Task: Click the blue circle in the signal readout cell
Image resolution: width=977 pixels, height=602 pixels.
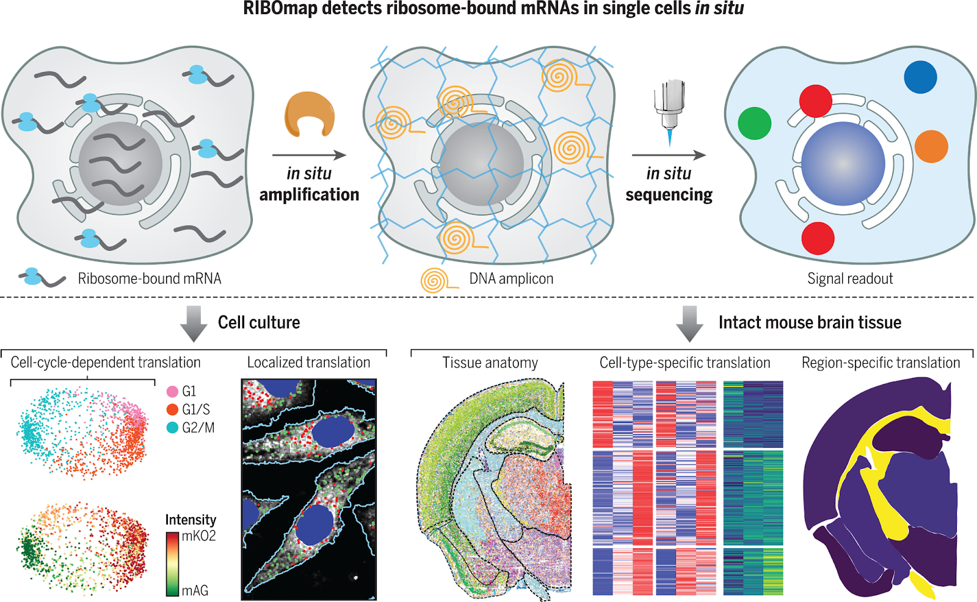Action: [x=920, y=76]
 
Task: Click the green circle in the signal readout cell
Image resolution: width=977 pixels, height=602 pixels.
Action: [x=755, y=123]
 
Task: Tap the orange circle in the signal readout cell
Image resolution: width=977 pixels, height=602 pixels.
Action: [x=931, y=147]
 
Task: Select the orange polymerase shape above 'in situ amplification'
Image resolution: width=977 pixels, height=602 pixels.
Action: [x=310, y=114]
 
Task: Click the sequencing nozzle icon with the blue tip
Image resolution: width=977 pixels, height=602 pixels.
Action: [x=669, y=110]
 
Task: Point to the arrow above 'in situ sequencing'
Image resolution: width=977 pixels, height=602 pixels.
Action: [x=669, y=155]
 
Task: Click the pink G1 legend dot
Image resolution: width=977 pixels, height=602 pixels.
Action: [x=172, y=391]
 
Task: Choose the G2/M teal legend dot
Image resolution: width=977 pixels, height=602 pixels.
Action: [x=172, y=428]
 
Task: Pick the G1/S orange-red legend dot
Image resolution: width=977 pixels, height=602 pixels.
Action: [x=172, y=410]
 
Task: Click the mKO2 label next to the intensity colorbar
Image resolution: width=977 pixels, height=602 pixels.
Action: [x=198, y=536]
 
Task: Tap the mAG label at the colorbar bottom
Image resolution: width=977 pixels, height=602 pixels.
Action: [x=195, y=590]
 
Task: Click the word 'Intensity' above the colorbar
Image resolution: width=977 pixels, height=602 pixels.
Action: [x=191, y=520]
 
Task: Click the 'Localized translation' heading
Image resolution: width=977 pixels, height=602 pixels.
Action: [x=308, y=363]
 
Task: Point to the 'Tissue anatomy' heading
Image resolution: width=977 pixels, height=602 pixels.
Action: [x=490, y=363]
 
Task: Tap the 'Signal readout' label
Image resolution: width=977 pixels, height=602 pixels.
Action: [x=850, y=279]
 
